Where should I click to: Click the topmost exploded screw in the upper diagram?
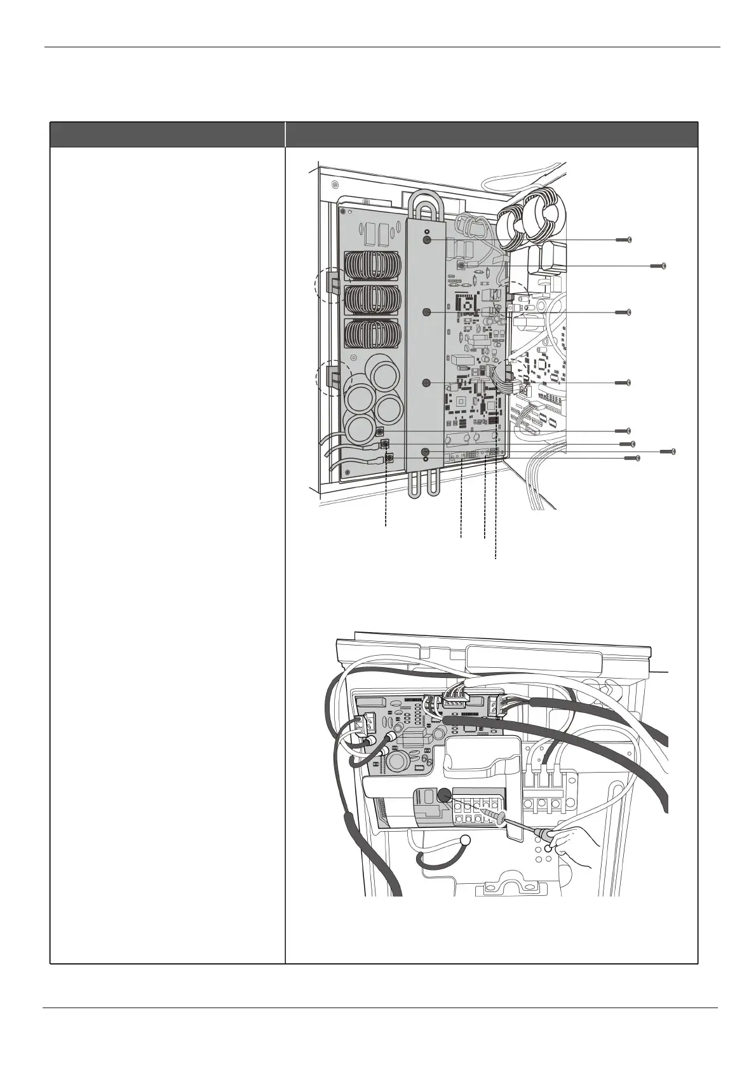pyautogui.click(x=623, y=240)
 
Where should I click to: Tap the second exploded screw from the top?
pyautogui.click(x=658, y=265)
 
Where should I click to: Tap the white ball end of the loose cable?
pyautogui.click(x=464, y=840)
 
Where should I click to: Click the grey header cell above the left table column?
pyautogui.click(x=167, y=134)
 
